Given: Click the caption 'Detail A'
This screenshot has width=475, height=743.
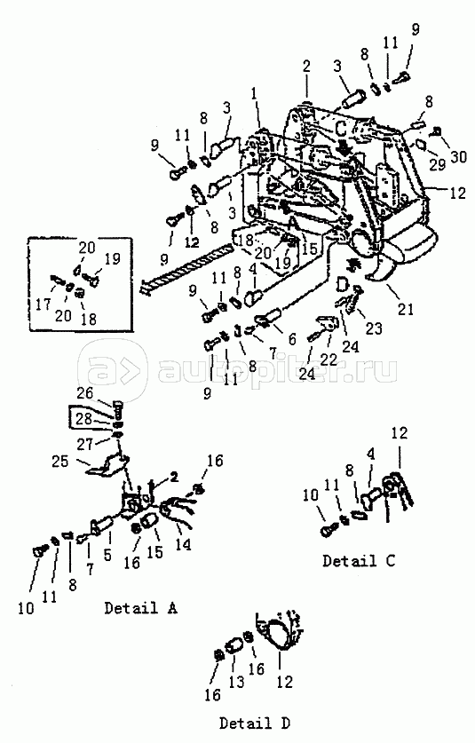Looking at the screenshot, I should pos(140,608).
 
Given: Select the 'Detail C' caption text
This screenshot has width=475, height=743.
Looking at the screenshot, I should pos(358,561).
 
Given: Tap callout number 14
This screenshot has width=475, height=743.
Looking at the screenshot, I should pos(183,542).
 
